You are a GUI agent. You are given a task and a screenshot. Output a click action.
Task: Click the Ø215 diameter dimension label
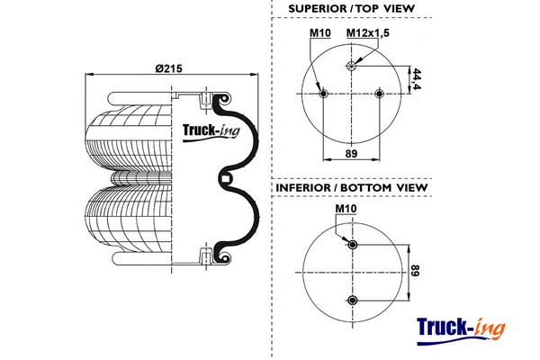(x=169, y=68)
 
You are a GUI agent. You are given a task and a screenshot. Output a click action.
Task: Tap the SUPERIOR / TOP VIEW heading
(x=352, y=9)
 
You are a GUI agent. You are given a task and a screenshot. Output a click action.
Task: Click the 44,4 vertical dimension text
(x=417, y=79)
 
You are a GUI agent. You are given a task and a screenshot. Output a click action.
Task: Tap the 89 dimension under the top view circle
(x=351, y=154)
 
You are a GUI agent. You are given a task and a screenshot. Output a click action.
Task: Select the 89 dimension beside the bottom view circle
(x=416, y=273)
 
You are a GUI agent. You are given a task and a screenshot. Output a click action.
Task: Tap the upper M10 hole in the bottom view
(x=352, y=245)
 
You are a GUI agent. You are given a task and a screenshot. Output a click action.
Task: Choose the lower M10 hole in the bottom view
(x=352, y=301)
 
